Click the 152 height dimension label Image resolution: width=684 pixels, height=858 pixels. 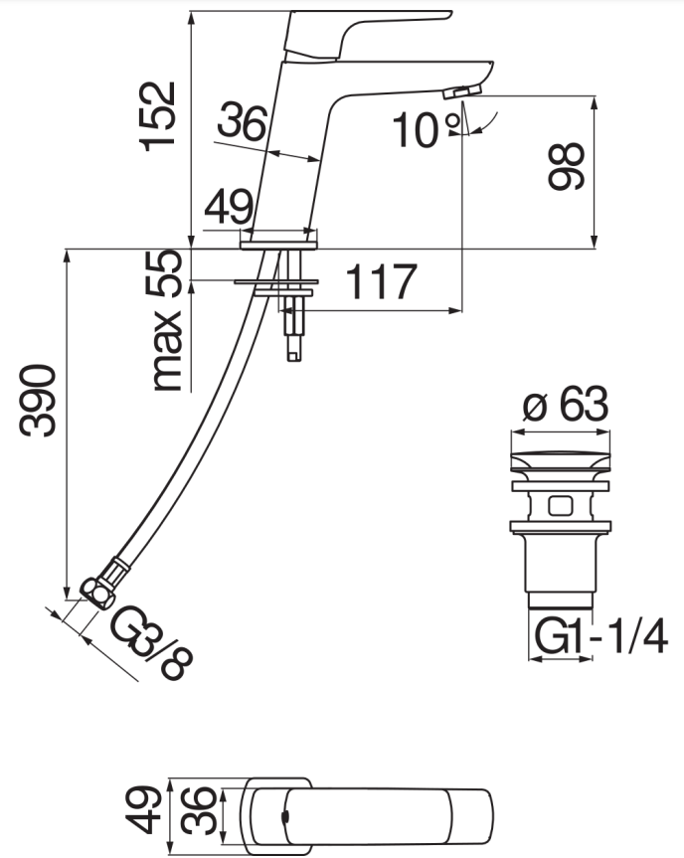(159, 115)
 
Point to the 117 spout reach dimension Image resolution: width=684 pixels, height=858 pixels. (380, 282)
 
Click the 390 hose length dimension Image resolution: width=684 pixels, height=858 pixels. (40, 401)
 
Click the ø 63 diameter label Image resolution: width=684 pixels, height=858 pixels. (564, 406)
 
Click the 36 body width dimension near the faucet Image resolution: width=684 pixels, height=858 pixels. (242, 123)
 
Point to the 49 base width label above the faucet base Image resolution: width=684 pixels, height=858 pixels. (228, 210)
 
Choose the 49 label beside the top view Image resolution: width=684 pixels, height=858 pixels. (146, 807)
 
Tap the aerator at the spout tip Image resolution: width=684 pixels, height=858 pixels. (461, 92)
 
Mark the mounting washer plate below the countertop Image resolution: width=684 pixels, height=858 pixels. (274, 283)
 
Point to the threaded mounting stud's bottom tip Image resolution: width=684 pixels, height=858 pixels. (293, 354)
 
